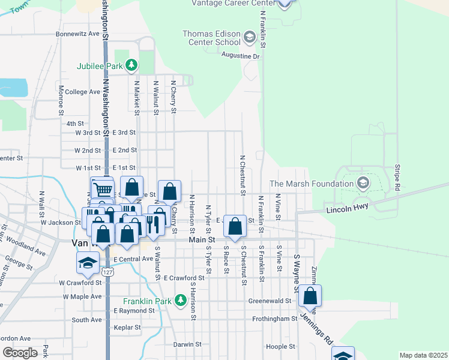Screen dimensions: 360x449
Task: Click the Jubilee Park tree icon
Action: click(137, 65)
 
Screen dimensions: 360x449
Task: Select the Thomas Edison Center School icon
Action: click(249, 39)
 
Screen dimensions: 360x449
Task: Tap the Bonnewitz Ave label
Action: click(77, 34)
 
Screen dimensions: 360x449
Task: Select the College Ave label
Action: click(83, 92)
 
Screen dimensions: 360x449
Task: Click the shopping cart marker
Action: click(103, 188)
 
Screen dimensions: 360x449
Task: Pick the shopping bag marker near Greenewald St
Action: click(310, 295)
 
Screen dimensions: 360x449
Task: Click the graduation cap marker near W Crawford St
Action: click(88, 262)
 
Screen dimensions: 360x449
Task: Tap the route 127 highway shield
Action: click(107, 272)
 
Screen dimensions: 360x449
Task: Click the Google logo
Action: click(20, 352)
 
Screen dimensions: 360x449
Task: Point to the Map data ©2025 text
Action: click(423, 355)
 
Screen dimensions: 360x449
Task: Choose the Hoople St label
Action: click(277, 346)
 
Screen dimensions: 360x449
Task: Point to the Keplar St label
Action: click(128, 328)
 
